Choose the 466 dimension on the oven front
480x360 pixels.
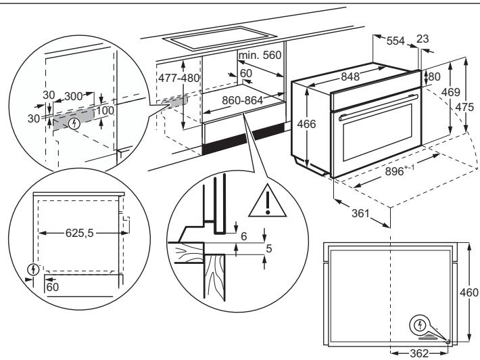pos(308,127)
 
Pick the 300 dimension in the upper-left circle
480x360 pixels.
pos(74,97)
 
